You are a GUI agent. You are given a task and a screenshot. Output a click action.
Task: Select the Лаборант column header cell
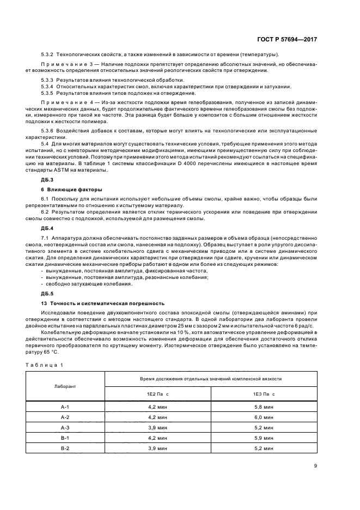(65, 386)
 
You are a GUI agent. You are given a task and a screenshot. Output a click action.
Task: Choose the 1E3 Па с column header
(264, 393)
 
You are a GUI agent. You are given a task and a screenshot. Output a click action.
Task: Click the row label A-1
(65, 406)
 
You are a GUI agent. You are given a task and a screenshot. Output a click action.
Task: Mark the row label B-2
(65, 447)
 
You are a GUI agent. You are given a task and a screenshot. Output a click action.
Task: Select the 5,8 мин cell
(264, 406)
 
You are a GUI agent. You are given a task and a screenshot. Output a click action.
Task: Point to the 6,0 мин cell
(264, 417)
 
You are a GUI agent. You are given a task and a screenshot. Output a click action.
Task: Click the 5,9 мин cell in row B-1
(264, 437)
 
